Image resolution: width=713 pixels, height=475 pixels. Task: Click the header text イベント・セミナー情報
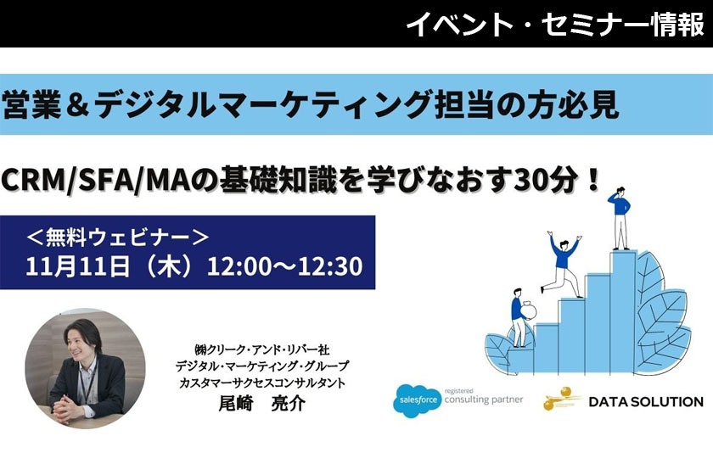(x=555, y=24)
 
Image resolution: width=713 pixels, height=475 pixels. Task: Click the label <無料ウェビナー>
(x=118, y=237)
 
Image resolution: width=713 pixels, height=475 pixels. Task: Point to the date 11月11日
(x=78, y=265)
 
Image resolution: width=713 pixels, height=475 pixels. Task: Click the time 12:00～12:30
(x=285, y=266)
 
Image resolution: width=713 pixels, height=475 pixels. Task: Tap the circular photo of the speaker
(x=86, y=368)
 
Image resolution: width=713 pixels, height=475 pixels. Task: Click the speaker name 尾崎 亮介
(x=262, y=403)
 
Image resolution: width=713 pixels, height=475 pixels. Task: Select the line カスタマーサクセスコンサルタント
(x=262, y=383)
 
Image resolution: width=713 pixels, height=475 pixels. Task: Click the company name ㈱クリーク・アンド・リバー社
(x=262, y=349)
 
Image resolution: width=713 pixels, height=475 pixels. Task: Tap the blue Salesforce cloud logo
(x=417, y=400)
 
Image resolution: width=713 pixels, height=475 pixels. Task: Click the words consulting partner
(x=484, y=400)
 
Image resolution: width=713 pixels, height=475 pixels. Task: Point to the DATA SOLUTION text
(x=646, y=402)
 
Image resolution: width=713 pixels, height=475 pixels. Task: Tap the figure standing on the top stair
(x=620, y=218)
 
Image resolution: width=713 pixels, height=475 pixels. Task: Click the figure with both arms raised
(x=563, y=264)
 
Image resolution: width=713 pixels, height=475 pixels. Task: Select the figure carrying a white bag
(x=522, y=318)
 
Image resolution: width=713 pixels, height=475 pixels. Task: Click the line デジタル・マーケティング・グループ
(x=262, y=366)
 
